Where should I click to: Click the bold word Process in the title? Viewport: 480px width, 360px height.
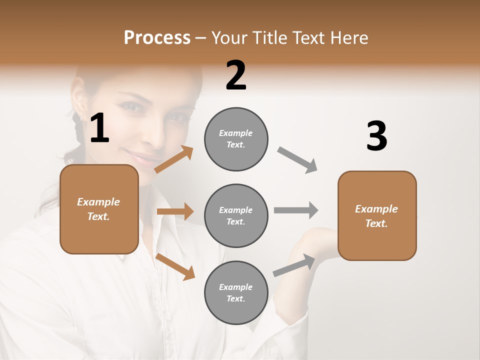pyautogui.click(x=157, y=38)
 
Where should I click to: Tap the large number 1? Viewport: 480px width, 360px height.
pyautogui.click(x=99, y=128)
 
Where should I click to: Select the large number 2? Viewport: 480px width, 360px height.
pyautogui.click(x=236, y=75)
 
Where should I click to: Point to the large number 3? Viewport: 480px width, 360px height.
pyautogui.click(x=376, y=136)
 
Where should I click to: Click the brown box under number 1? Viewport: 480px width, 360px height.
pyautogui.click(x=99, y=209)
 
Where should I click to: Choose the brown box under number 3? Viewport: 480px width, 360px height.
pyautogui.click(x=377, y=215)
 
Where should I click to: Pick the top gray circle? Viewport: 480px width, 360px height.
pyautogui.click(x=236, y=139)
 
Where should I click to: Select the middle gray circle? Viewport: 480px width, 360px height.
pyautogui.click(x=236, y=215)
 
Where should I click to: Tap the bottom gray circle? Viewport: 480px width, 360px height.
pyautogui.click(x=236, y=292)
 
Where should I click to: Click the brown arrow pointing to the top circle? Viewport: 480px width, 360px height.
pyautogui.click(x=174, y=159)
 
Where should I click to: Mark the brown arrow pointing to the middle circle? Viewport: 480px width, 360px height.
pyautogui.click(x=175, y=211)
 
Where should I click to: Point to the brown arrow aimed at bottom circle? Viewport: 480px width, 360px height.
pyautogui.click(x=175, y=266)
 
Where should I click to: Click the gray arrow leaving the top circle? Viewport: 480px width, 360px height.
pyautogui.click(x=297, y=160)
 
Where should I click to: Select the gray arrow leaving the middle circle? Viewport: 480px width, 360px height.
pyautogui.click(x=296, y=210)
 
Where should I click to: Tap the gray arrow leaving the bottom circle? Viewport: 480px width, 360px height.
pyautogui.click(x=294, y=265)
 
